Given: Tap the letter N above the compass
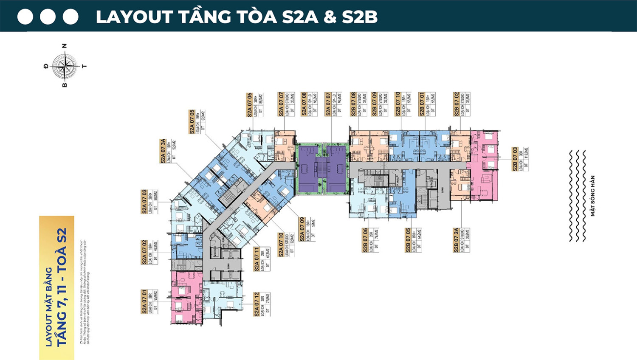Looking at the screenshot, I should tap(65, 45).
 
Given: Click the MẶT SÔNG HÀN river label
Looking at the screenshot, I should tap(592, 196).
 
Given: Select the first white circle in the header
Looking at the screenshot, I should tap(25, 17).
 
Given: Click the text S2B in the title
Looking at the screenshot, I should tap(359, 17).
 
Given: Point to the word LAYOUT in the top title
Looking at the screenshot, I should tap(134, 17).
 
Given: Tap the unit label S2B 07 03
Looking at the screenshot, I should tap(515, 159).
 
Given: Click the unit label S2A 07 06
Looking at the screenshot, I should tap(250, 105).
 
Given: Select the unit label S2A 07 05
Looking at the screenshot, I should tap(192, 122).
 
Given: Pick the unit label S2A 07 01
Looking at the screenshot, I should tap(144, 302).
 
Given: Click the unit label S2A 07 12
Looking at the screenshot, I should tap(256, 304).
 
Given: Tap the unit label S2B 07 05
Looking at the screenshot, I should tap(408, 241).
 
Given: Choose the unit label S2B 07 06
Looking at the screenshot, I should tap(365, 241).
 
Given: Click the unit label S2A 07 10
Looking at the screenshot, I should tap(281, 245).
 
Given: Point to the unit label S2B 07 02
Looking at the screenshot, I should tap(457, 104).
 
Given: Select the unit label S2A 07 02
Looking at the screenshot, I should tap(144, 252).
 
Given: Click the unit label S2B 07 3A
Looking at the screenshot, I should tap(457, 241).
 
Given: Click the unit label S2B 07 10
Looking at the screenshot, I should tap(398, 104).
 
